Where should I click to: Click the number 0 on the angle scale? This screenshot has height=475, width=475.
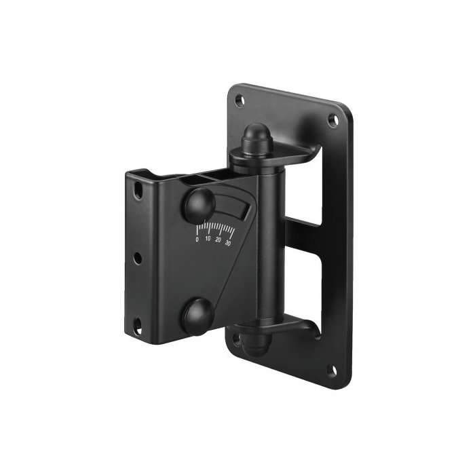(197, 240)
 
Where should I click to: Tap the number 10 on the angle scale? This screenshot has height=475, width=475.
(208, 239)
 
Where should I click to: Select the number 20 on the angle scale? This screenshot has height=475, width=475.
(218, 240)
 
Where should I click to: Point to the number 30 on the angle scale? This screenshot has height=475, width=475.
(228, 243)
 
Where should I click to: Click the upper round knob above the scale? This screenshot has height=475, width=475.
(200, 204)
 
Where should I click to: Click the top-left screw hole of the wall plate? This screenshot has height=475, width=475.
(240, 100)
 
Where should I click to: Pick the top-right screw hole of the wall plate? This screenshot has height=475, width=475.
(333, 120)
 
